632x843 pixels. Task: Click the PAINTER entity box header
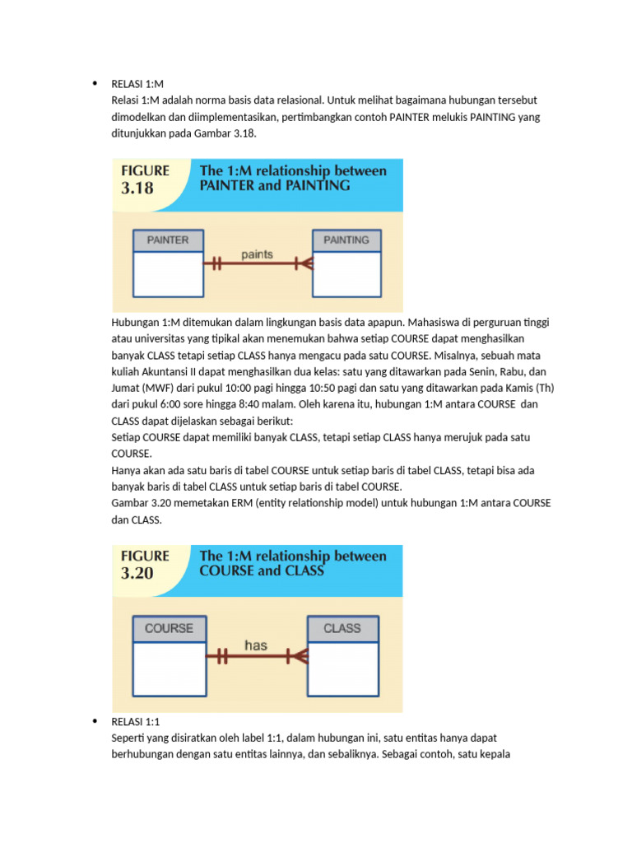(168, 240)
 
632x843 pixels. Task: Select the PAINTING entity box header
(346, 240)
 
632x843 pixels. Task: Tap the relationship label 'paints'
(257, 254)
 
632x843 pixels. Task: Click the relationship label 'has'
(255, 645)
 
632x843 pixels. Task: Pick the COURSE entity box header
(169, 628)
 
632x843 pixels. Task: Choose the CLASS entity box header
(342, 628)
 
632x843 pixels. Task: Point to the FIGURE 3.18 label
(145, 179)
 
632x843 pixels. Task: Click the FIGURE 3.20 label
(145, 565)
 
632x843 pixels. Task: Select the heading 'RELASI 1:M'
(138, 83)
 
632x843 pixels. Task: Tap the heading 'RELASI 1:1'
(138, 721)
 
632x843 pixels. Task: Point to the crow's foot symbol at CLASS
(298, 656)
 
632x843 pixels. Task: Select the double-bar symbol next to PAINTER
(216, 264)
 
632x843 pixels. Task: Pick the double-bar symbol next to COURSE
(217, 656)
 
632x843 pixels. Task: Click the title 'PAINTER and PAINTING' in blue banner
(275, 186)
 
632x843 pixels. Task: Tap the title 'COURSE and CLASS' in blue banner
(262, 571)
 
